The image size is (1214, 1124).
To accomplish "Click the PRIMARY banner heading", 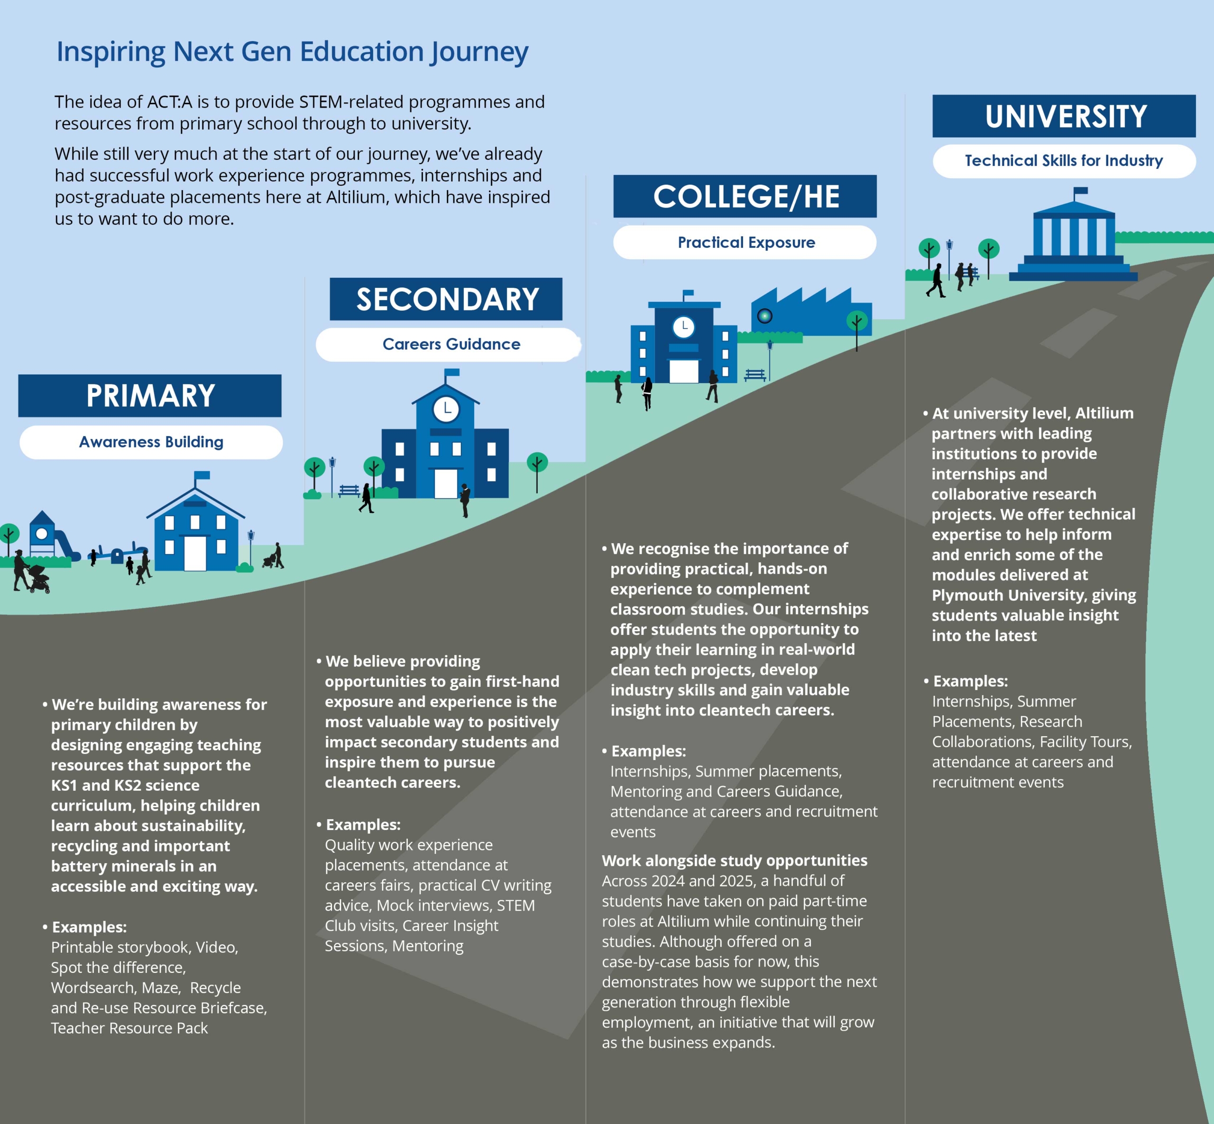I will coord(150,396).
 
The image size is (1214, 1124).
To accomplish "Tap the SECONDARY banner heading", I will coord(447,299).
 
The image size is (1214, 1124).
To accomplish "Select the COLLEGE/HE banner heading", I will coord(746,196).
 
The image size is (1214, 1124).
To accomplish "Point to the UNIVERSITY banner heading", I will coord(1066,116).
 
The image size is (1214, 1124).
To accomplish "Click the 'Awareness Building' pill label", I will coord(151,442).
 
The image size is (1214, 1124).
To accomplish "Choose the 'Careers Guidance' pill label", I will coord(451,344).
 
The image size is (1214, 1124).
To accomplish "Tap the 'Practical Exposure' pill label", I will coord(746,243).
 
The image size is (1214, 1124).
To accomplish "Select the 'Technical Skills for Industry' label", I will coord(1064,161).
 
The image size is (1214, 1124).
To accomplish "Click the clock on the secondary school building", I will coord(446,409).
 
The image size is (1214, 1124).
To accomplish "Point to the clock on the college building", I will coord(684,327).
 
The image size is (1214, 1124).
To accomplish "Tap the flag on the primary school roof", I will coord(202,475).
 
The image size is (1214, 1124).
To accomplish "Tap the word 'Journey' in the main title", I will coord(479,52).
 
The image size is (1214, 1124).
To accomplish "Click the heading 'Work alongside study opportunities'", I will coord(735,860).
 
